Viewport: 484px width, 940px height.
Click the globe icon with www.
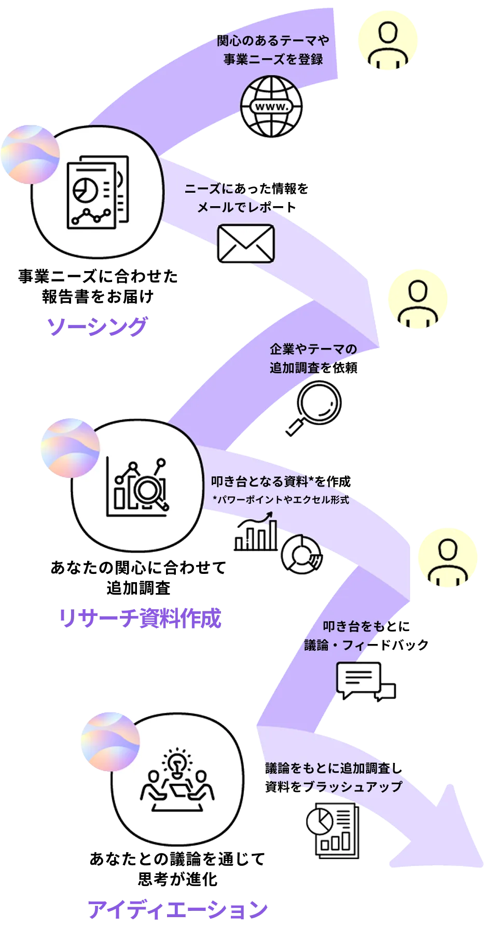(x=272, y=106)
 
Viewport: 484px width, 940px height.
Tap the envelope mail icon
(x=245, y=243)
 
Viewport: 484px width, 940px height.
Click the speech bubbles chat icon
(x=366, y=681)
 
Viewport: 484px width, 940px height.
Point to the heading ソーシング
(x=97, y=327)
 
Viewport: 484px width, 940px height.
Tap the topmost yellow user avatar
(x=388, y=41)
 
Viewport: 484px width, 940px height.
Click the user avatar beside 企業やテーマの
(x=417, y=300)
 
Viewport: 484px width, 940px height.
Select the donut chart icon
(x=300, y=554)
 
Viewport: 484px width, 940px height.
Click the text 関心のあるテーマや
(x=273, y=41)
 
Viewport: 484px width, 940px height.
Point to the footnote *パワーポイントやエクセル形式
(x=281, y=500)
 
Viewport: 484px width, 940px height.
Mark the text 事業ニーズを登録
(x=273, y=60)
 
